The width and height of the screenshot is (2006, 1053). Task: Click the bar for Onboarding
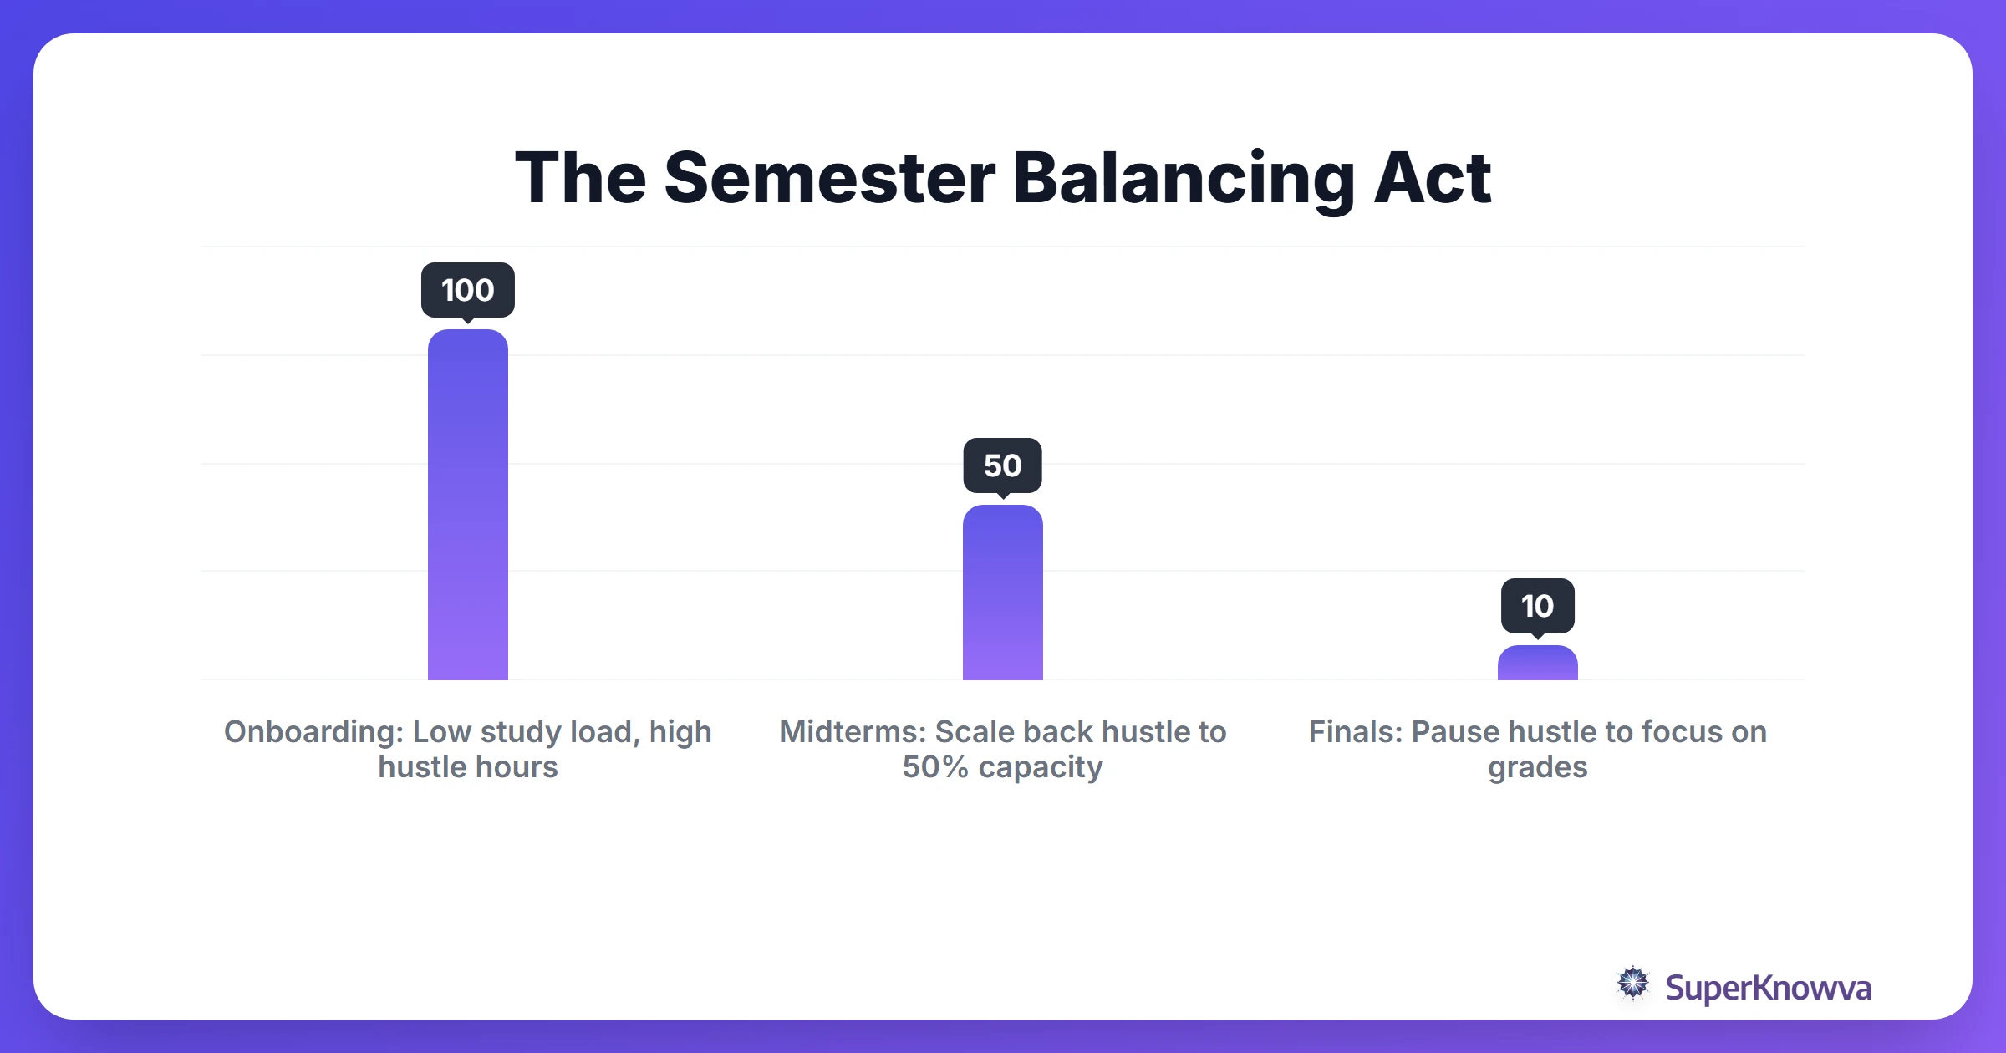tap(467, 505)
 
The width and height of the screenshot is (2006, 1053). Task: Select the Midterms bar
tap(1002, 593)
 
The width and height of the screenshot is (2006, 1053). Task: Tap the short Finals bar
tap(1537, 664)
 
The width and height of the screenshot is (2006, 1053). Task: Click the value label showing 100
tap(467, 290)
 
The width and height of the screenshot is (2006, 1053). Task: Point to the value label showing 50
tap(1002, 465)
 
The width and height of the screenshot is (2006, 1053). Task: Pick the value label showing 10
tap(1537, 606)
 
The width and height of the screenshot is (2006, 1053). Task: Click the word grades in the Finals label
tap(1537, 767)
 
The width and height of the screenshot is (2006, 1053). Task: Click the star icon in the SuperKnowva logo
tap(1632, 984)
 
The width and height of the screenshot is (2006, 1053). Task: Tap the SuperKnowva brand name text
tap(1768, 988)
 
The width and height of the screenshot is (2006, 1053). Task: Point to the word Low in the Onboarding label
tap(442, 732)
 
